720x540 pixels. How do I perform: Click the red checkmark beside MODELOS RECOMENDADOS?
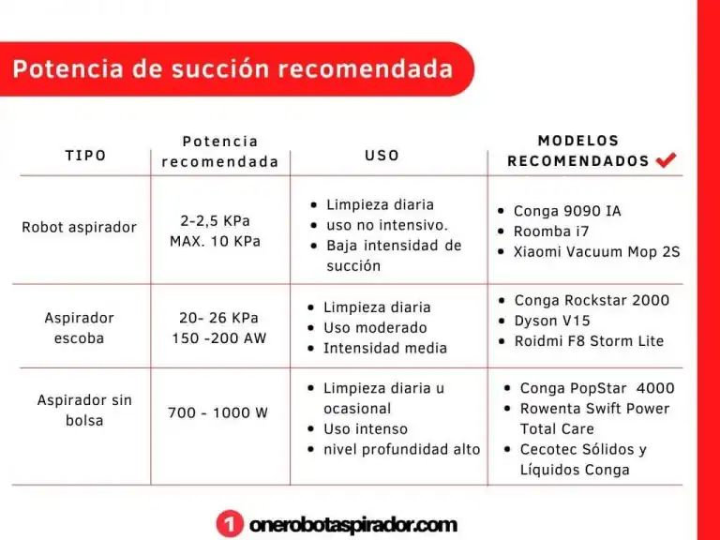coord(666,159)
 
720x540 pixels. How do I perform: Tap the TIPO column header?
coord(86,156)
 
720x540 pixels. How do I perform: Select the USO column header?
coord(382,156)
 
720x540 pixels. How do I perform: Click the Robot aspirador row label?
coord(79,227)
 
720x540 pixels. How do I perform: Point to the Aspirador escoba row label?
coord(79,328)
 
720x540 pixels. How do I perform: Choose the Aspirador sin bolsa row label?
coord(84,410)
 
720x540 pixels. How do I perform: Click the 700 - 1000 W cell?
coord(217,412)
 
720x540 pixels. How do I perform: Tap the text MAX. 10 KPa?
coord(215,241)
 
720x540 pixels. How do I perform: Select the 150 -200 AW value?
coord(219,337)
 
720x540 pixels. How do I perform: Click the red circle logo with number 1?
coord(230,524)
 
